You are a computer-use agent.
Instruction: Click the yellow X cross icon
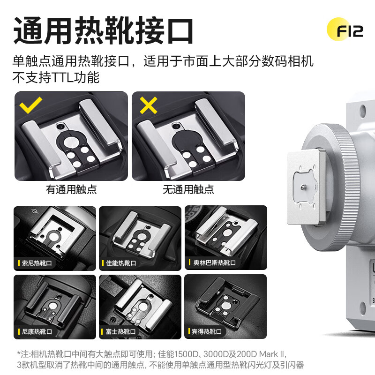[x=148, y=106]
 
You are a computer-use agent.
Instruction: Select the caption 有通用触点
[x=71, y=189]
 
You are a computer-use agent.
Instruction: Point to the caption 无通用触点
[x=188, y=189]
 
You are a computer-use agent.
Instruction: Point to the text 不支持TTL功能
[x=56, y=77]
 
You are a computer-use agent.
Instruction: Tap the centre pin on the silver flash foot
[x=302, y=186]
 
